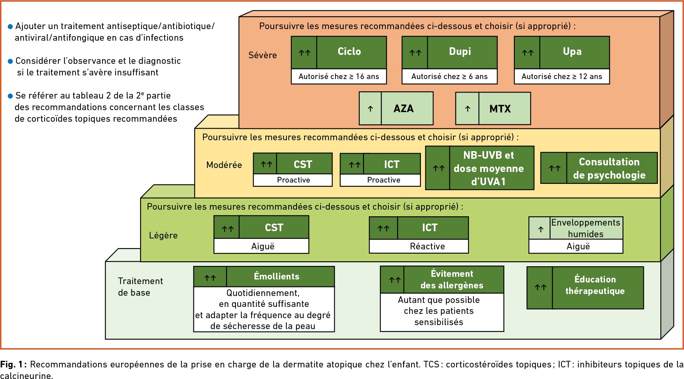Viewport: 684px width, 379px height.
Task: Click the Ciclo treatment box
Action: coord(349,52)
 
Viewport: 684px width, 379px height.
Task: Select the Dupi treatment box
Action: coord(460,52)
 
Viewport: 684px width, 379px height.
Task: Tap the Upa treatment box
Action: coord(572,52)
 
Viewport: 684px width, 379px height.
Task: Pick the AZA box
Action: coord(403,108)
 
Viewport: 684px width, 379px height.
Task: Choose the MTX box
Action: coord(500,109)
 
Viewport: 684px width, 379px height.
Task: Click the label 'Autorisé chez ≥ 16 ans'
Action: coord(339,77)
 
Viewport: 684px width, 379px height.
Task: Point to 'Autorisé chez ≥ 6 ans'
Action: coord(449,77)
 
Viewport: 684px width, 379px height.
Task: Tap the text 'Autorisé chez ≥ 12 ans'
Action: coord(562,77)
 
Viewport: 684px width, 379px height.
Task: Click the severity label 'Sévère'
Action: coord(262,55)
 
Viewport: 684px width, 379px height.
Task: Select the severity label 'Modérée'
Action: coord(224,165)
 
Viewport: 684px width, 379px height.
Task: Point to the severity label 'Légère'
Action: coord(163,235)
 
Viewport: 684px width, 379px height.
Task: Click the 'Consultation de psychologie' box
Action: coord(609,168)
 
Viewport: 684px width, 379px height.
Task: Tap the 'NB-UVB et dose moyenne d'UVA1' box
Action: coord(488,168)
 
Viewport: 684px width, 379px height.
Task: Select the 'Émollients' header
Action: coord(276,276)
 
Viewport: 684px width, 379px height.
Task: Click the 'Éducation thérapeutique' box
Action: coord(595,285)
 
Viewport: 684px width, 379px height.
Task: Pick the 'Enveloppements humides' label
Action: coord(585,228)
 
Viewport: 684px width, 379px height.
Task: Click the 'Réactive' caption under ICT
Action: coord(427,246)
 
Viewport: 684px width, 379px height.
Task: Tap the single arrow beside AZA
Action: coord(370,109)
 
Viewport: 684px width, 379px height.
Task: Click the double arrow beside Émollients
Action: coord(210,278)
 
